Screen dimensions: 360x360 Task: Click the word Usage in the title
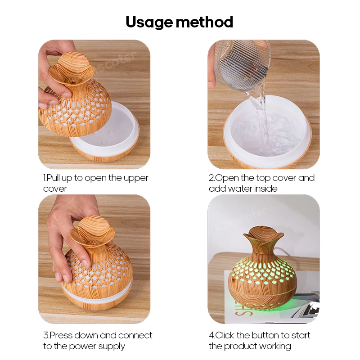(x=148, y=22)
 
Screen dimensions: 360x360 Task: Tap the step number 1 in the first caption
(x=45, y=178)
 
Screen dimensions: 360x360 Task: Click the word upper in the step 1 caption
(x=137, y=178)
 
